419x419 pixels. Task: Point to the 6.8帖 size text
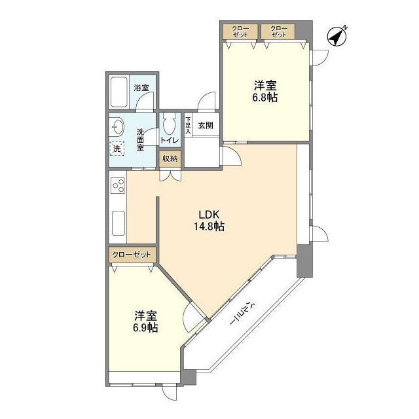(x=265, y=97)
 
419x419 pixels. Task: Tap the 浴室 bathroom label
(x=141, y=88)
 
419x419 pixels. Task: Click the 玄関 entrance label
(x=206, y=125)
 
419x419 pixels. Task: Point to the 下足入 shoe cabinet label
(x=188, y=125)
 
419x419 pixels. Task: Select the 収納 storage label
(x=170, y=158)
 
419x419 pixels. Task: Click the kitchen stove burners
(x=118, y=186)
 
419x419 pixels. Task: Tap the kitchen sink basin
(x=118, y=224)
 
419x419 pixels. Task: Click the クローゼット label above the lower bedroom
(x=132, y=254)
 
